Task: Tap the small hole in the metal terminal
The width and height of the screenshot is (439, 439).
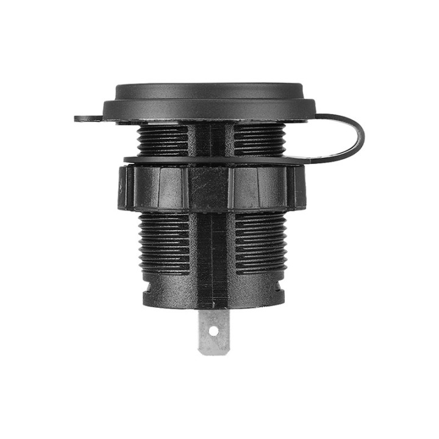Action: pyautogui.click(x=213, y=332)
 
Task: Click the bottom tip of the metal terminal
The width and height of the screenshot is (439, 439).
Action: pyautogui.click(x=213, y=352)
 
